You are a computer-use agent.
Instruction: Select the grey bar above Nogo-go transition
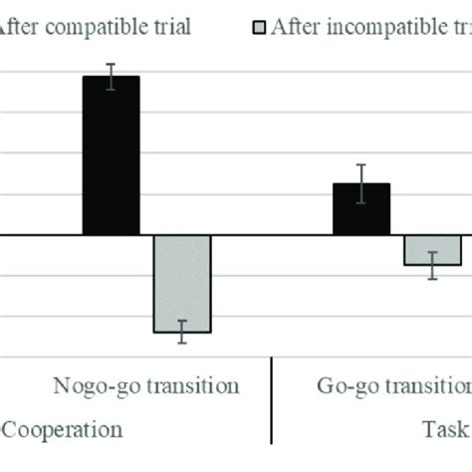(x=181, y=283)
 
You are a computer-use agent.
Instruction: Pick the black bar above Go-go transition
(x=360, y=209)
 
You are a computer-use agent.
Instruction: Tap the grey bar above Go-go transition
(x=432, y=250)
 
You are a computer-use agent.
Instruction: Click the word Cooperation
(x=66, y=429)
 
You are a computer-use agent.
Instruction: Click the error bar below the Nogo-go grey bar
(x=181, y=333)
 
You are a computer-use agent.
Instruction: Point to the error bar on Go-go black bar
(x=361, y=184)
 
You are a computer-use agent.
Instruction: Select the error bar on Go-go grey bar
(x=432, y=265)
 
